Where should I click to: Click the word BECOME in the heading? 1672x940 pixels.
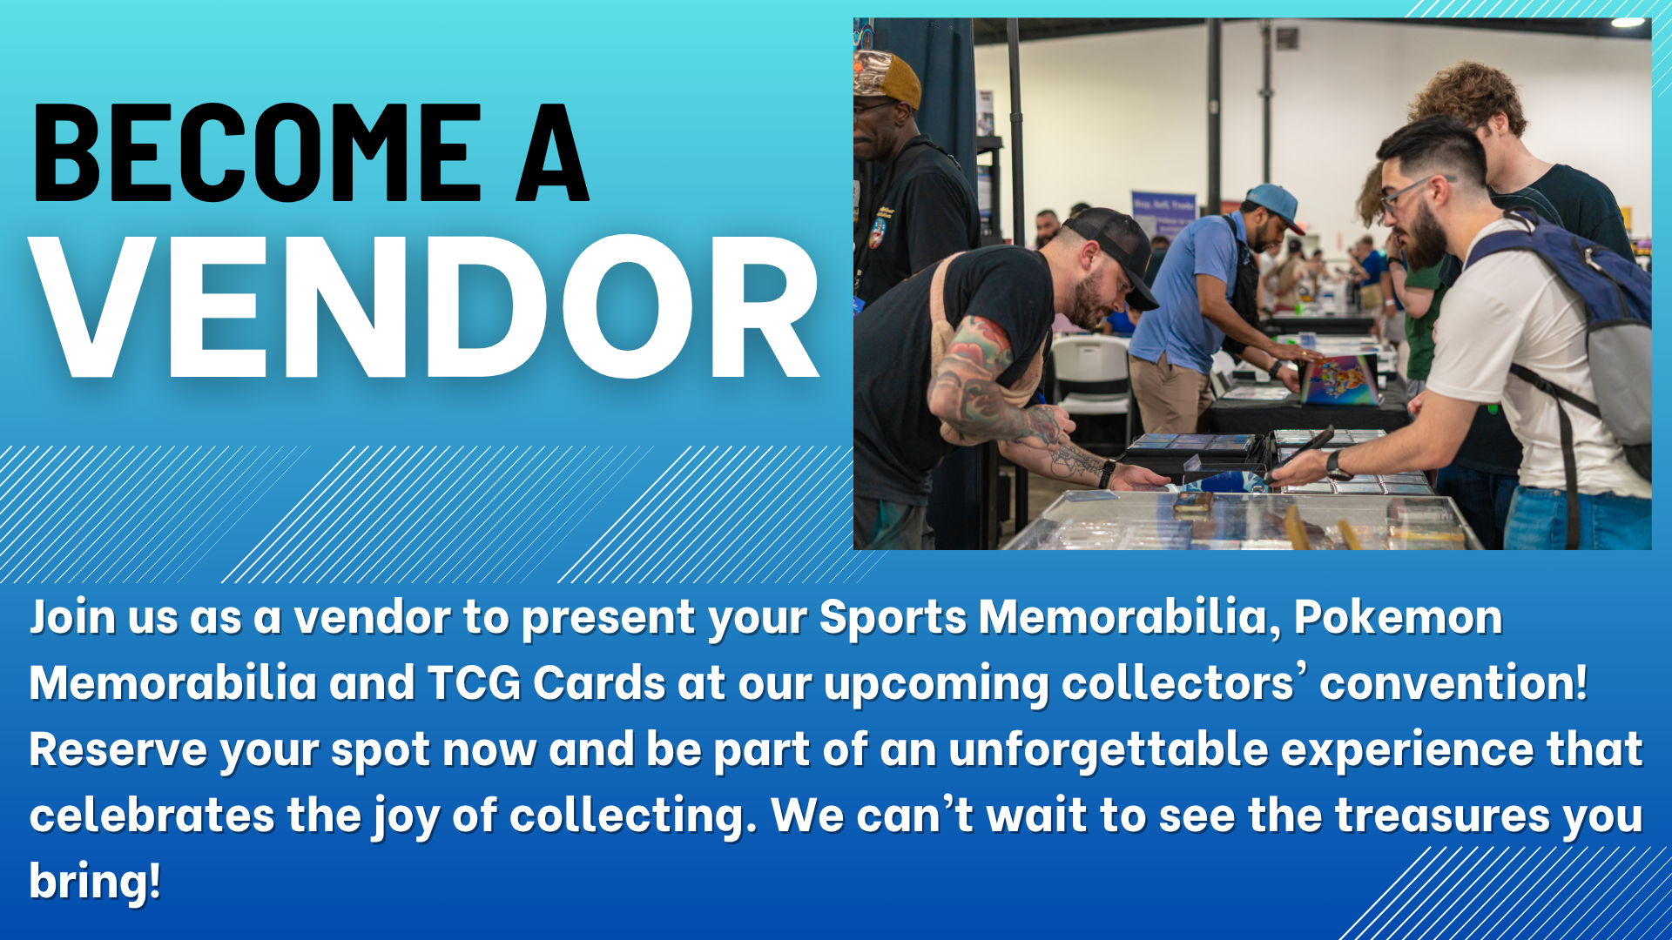(x=257, y=151)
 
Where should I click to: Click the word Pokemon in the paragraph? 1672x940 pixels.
(x=1398, y=618)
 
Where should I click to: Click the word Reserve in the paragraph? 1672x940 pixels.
(x=118, y=749)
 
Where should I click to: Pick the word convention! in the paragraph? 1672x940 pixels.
(x=1453, y=683)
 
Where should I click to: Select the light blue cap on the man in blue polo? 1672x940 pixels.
(x=1275, y=205)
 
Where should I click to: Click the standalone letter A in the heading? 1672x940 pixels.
(x=552, y=151)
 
